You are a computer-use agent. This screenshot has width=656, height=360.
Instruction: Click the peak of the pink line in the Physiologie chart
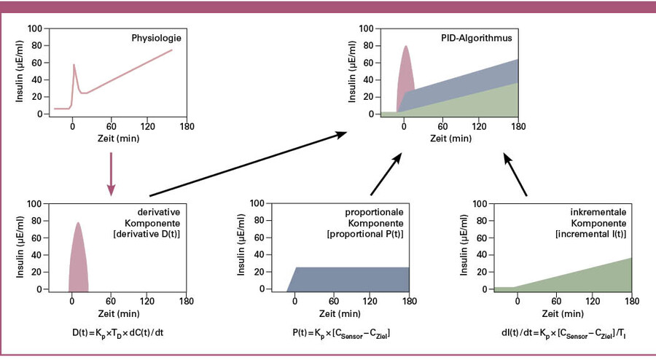[x=74, y=65]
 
